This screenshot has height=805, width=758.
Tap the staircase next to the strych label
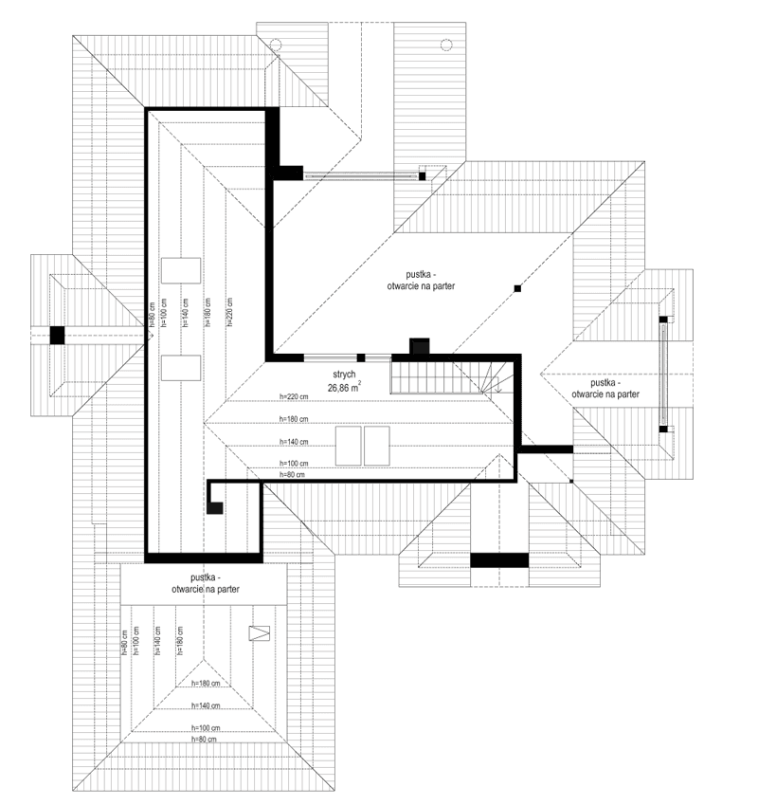point(451,377)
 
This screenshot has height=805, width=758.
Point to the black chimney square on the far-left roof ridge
point(58,334)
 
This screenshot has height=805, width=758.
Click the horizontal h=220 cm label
point(296,398)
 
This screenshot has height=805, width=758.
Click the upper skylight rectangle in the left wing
point(180,269)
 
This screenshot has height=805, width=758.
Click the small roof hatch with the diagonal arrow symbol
point(258,633)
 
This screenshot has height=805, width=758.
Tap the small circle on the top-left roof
point(275,44)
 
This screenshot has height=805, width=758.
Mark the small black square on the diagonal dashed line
point(517,288)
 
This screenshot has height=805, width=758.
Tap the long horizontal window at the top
point(360,174)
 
